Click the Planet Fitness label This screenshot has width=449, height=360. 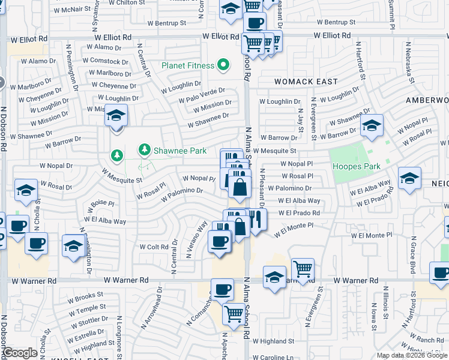point(188,65)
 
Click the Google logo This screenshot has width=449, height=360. point(20,353)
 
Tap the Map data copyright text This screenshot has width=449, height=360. point(411,355)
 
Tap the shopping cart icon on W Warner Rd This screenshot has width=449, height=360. point(303,269)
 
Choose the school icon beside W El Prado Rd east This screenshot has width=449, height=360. point(409,179)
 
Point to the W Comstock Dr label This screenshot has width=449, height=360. point(104,61)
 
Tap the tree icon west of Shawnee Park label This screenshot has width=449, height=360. point(116,156)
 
